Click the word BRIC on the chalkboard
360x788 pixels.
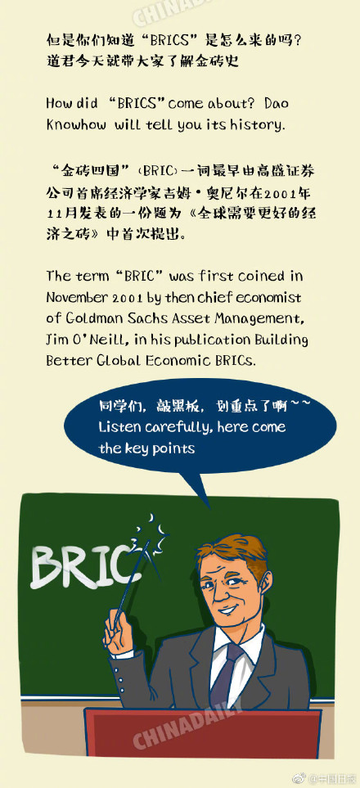(x=80, y=565)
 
